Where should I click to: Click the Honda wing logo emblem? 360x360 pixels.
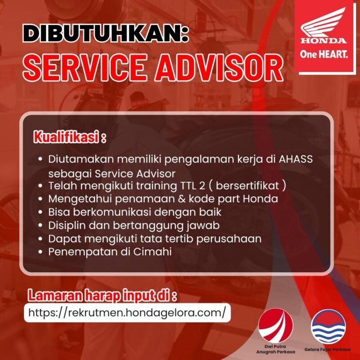pyautogui.click(x=324, y=25)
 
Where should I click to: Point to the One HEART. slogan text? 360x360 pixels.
pyautogui.click(x=324, y=55)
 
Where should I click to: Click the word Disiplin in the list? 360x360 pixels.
pyautogui.click(x=67, y=225)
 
